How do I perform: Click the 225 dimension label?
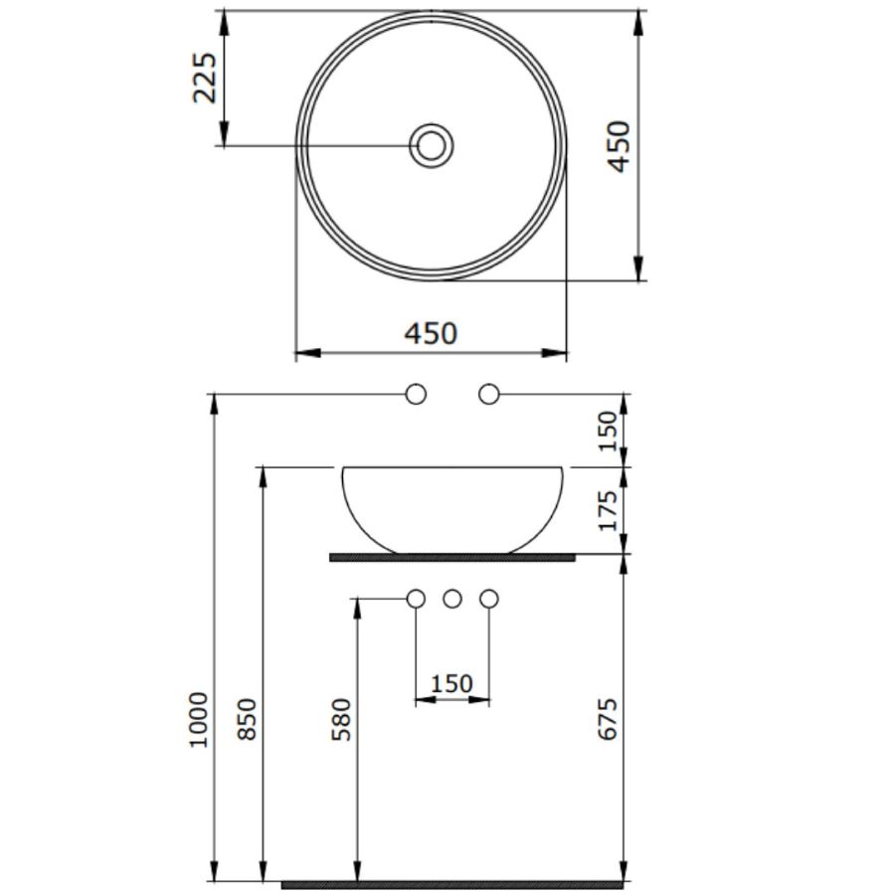point(204,79)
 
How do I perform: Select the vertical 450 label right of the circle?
point(619,146)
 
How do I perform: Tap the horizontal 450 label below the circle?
point(431,333)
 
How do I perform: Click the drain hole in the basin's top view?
point(432,145)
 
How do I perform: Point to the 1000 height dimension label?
point(199,719)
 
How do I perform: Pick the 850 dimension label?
point(248,719)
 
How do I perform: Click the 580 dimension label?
point(341,719)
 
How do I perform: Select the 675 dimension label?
point(608,719)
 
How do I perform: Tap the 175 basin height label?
point(608,510)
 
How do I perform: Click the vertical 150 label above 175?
point(608,431)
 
